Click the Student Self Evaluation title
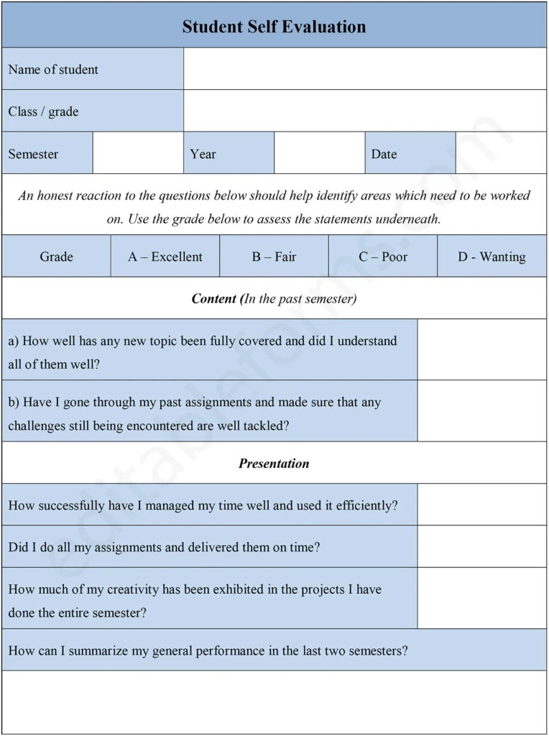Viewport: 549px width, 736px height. tap(274, 27)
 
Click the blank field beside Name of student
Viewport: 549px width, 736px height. tap(364, 69)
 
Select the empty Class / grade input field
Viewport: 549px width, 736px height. tap(364, 111)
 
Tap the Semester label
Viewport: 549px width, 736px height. tap(33, 154)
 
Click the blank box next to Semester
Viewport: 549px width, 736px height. tap(138, 153)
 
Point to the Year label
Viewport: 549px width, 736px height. tap(203, 154)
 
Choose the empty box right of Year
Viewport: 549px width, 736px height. tap(319, 153)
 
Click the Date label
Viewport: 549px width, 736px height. tap(384, 154)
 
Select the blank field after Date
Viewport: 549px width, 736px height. tap(501, 153)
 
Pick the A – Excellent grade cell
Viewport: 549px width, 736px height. tap(165, 257)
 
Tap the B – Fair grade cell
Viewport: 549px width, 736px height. tap(274, 257)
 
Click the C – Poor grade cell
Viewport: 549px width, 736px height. tap(383, 257)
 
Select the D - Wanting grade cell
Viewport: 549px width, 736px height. tap(492, 257)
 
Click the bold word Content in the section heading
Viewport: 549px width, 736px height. tap(214, 298)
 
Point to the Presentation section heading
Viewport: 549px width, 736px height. tap(274, 464)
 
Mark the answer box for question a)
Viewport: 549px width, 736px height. tap(481, 350)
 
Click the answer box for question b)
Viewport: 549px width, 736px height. tap(481, 411)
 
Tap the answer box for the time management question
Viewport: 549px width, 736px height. tap(481, 505)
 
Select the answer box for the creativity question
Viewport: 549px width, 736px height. tap(481, 598)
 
